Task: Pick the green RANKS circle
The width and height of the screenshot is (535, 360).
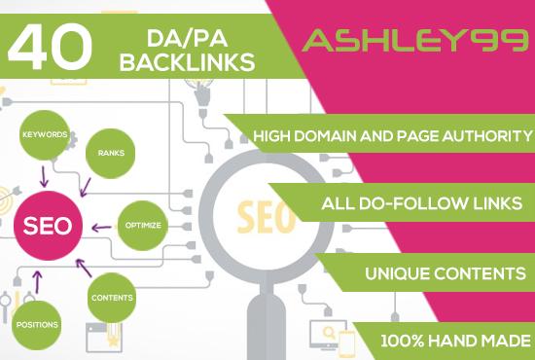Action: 110,153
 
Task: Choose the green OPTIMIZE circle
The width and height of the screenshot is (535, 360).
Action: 142,225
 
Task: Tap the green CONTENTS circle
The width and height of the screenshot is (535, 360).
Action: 112,297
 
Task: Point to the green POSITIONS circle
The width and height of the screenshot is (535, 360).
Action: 36,324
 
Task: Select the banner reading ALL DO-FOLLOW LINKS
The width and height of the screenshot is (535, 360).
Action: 423,204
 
